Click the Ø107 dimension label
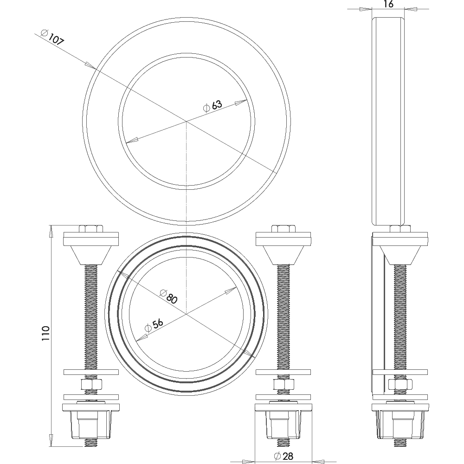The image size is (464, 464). pyautogui.click(x=52, y=37)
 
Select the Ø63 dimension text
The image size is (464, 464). pyautogui.click(x=213, y=106)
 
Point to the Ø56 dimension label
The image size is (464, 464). pyautogui.click(x=154, y=325)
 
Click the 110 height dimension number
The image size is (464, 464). pyautogui.click(x=45, y=334)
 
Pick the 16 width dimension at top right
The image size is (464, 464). pyautogui.click(x=388, y=4)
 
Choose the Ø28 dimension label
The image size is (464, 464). pyautogui.click(x=284, y=456)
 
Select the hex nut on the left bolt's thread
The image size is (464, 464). pyautogui.click(x=91, y=384)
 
